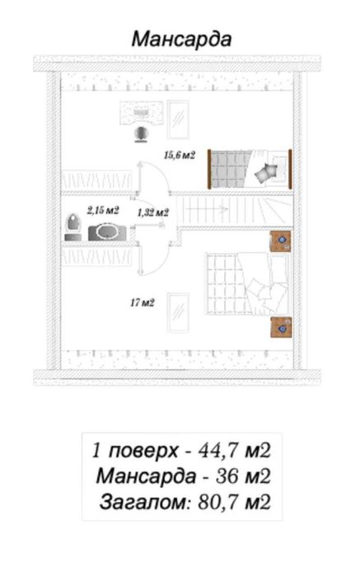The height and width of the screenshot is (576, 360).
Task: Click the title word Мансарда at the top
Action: coord(181,40)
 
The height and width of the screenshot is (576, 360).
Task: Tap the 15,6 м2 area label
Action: coord(180,156)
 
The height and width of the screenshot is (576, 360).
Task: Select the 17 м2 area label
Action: coord(143,302)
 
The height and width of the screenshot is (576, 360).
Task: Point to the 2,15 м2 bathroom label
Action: coord(103,210)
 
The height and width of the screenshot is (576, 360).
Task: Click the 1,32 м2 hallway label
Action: coord(153,213)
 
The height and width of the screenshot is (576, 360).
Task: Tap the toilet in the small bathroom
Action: coord(72,228)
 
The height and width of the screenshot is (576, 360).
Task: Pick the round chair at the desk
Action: coord(141,133)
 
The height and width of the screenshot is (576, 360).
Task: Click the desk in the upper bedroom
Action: coord(142,113)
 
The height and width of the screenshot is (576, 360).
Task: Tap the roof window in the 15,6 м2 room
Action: coord(178,119)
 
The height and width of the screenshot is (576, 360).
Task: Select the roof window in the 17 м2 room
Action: coord(178,312)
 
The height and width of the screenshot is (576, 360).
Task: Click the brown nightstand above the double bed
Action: coord(280,241)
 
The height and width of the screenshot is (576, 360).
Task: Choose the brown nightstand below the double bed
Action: coord(281,327)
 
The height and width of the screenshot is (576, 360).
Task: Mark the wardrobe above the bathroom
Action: coord(96,180)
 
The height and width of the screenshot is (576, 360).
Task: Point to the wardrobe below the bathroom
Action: coord(96,256)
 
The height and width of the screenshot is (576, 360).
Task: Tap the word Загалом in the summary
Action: coord(144,502)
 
